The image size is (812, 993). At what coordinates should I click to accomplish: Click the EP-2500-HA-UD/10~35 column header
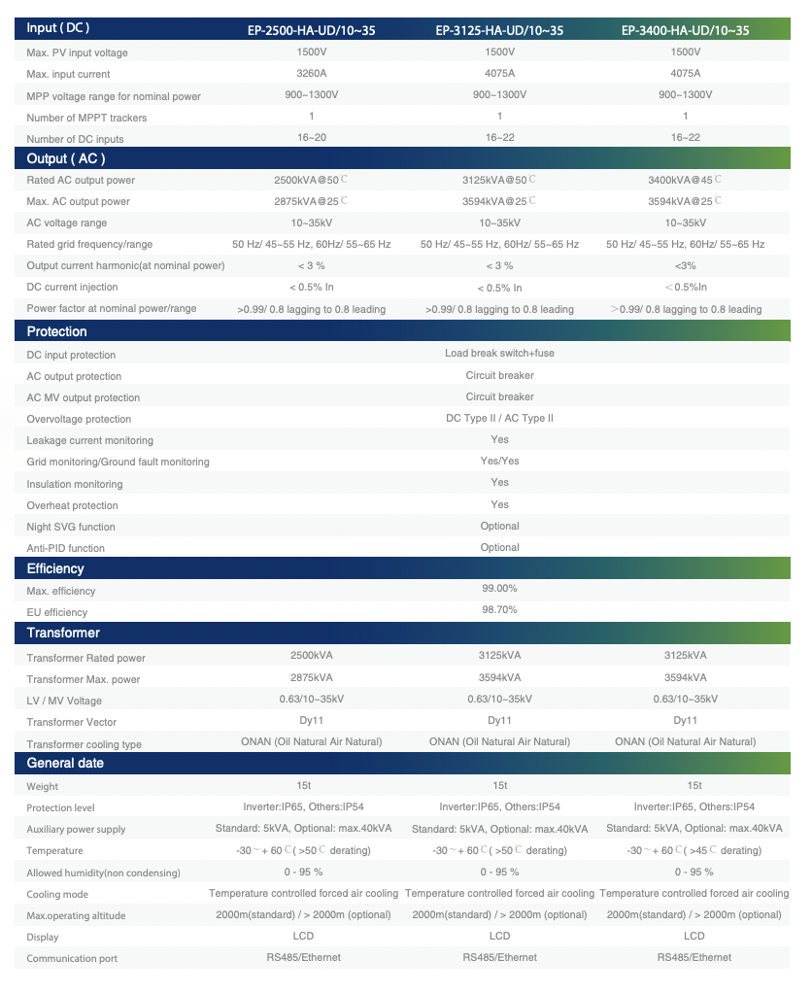point(311,31)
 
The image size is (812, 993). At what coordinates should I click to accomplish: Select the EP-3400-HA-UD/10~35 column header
point(686,31)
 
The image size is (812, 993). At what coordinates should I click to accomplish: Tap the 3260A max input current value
point(311,73)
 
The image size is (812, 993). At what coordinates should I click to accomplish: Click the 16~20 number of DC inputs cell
point(311,138)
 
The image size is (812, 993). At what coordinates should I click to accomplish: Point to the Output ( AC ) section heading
point(66,158)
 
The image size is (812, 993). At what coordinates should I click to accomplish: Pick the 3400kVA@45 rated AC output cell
point(684,180)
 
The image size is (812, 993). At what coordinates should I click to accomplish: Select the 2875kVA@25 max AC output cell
point(311,201)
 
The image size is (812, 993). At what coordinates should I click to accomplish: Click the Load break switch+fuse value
point(499,354)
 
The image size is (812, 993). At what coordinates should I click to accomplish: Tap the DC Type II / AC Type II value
point(499,418)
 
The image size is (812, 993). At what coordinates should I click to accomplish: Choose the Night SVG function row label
point(71,527)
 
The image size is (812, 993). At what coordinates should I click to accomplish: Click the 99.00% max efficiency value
point(499,589)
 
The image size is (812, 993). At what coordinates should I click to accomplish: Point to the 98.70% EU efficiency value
point(499,610)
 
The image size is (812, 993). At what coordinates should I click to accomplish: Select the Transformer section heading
point(63,633)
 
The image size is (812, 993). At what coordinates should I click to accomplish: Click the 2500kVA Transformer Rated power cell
point(311,656)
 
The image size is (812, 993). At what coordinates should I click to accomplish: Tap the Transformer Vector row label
point(70,723)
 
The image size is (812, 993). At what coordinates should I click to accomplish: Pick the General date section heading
point(65,763)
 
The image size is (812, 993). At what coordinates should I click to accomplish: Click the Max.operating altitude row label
point(76,915)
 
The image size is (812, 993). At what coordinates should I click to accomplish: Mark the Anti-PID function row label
point(65,548)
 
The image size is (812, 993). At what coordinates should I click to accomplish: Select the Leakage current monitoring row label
point(89,440)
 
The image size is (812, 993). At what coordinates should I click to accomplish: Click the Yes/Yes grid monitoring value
point(499,461)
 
